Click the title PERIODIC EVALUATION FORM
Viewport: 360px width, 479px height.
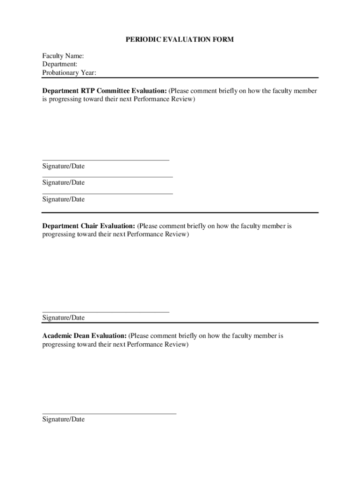tap(180, 40)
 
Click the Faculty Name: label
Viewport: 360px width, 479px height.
tap(63, 56)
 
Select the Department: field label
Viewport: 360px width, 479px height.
tap(60, 64)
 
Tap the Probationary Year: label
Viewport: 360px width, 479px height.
tap(69, 73)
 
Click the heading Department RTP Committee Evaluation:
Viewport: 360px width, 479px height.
tap(104, 91)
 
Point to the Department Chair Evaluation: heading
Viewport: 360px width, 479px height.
tap(89, 226)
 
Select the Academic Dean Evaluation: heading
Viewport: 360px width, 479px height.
tap(84, 336)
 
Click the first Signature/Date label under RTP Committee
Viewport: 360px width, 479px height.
tap(64, 167)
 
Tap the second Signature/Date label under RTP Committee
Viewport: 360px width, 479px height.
tap(64, 182)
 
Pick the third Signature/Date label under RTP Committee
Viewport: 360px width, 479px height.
tap(64, 199)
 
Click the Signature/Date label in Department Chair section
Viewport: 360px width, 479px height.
tap(64, 318)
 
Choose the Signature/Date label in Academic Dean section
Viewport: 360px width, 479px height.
tap(64, 419)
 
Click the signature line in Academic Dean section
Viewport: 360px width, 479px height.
tap(109, 414)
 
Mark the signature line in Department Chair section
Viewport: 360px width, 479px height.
tap(106, 312)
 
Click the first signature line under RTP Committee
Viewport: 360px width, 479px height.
tap(106, 160)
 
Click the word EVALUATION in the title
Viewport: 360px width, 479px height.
tap(186, 40)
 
